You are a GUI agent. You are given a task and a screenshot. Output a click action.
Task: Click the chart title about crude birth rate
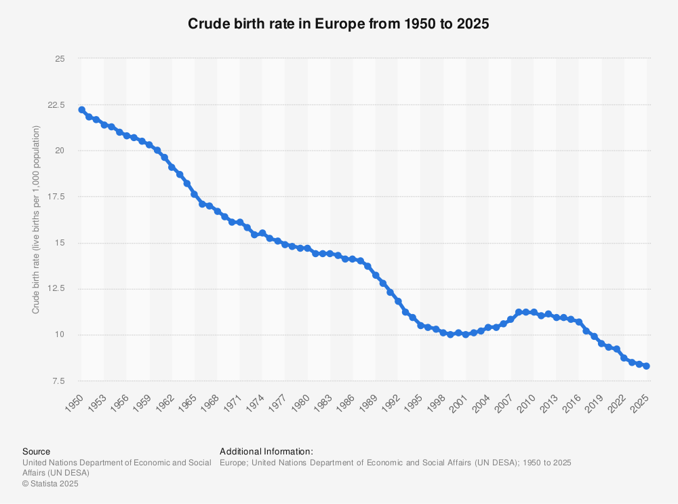pos(338,23)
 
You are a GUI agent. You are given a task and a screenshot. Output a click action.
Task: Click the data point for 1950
pos(81,110)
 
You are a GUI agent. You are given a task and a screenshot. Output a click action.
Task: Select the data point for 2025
pos(646,366)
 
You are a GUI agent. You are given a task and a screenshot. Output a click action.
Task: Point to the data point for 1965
pos(195,195)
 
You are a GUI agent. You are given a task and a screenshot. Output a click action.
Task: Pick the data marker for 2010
pos(534,312)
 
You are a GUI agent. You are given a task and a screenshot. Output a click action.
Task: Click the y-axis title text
pos(37,220)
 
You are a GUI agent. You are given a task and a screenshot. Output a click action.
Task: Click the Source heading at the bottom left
pos(36,451)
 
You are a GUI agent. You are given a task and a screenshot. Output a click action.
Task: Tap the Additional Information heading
pos(266,451)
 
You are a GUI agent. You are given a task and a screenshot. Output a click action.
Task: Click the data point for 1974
pos(262,233)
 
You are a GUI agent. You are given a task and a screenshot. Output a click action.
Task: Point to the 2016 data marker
pos(578,322)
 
